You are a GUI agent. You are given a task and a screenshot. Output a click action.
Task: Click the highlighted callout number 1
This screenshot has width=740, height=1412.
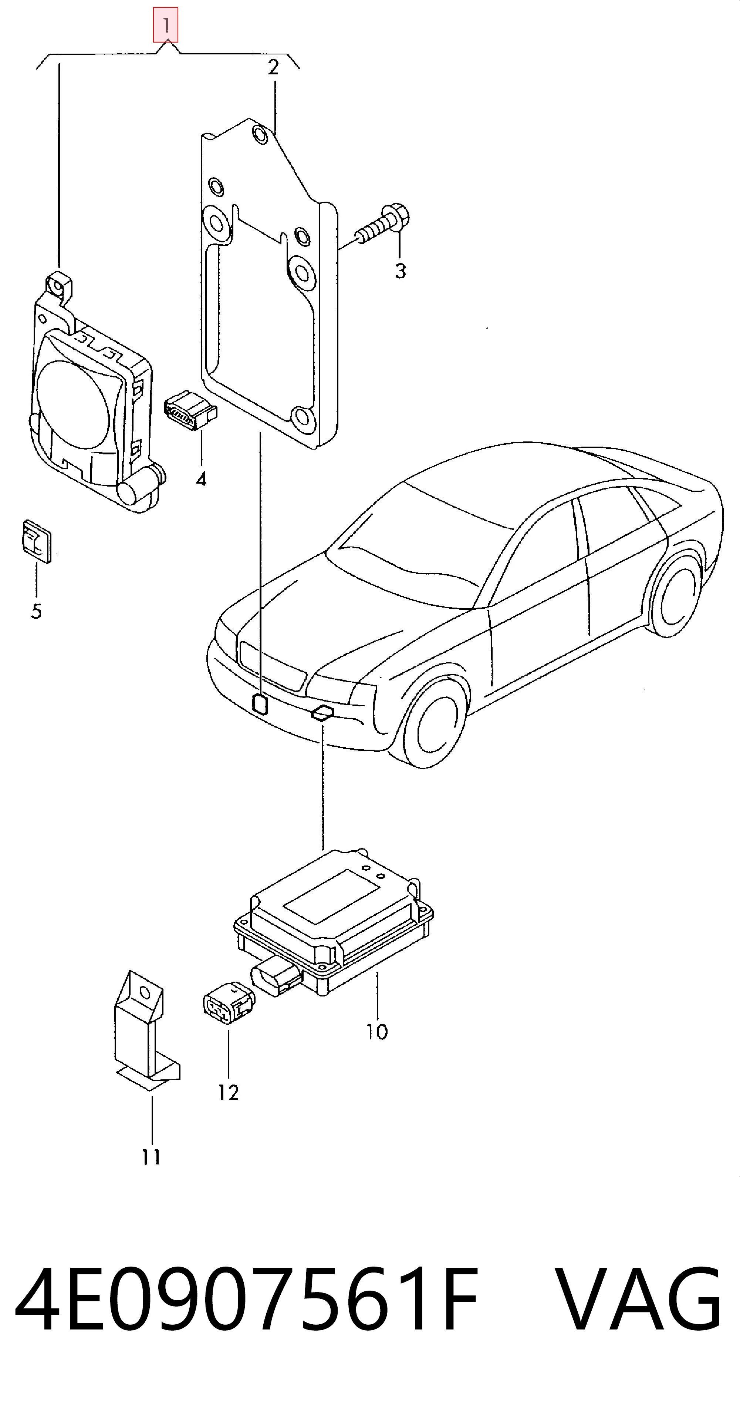tap(165, 25)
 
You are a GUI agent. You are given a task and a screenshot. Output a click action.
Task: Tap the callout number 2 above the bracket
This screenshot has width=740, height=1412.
tap(273, 67)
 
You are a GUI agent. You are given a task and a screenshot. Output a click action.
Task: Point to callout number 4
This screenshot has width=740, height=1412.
tap(201, 479)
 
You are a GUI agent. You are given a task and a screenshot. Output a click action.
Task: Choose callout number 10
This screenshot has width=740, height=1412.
tap(377, 1032)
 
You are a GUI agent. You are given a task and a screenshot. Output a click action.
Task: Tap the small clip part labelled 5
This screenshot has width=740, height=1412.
tap(37, 541)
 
